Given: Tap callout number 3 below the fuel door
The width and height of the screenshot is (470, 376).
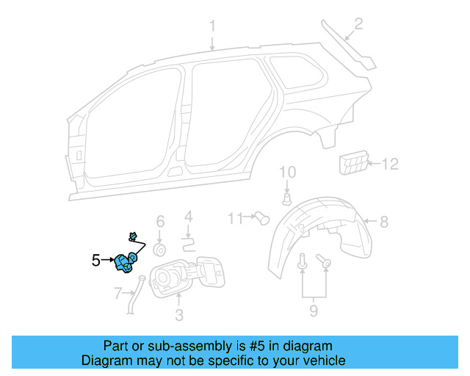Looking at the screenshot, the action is pyautogui.click(x=178, y=316).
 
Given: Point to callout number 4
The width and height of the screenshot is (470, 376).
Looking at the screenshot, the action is pyautogui.click(x=188, y=217).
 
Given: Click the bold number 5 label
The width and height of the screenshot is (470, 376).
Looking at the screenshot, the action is pyautogui.click(x=95, y=259).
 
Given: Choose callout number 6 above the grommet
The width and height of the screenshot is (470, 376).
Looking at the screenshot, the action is pyautogui.click(x=160, y=221).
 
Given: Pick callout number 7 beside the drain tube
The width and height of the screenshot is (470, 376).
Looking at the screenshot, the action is pyautogui.click(x=117, y=294).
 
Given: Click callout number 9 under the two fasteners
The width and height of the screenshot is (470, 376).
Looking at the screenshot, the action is pyautogui.click(x=314, y=311).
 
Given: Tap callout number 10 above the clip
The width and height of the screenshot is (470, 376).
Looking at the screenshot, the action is pyautogui.click(x=287, y=173).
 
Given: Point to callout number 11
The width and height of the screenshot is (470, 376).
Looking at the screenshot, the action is pyautogui.click(x=235, y=218).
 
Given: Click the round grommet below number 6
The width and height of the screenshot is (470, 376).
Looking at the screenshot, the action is pyautogui.click(x=159, y=250).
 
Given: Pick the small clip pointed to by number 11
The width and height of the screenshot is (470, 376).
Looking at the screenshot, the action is pyautogui.click(x=261, y=217).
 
